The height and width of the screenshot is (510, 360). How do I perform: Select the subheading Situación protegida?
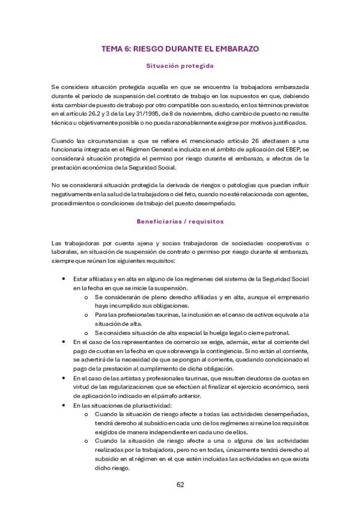pos(180,66)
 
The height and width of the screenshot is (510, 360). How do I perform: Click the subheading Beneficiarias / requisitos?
pos(180,221)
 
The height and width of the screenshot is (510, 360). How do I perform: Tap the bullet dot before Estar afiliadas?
pos(64,279)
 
